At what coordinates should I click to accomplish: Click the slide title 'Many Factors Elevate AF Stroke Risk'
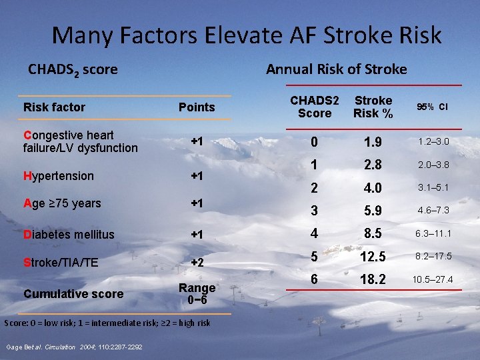[x=247, y=35]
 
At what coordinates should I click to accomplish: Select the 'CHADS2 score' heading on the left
[x=73, y=69]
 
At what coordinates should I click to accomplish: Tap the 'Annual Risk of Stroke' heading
[x=336, y=69]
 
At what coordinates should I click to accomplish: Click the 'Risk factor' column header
[x=54, y=107]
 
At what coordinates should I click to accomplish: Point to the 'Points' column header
[x=197, y=107]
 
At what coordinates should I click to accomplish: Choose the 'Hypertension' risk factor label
[x=58, y=176]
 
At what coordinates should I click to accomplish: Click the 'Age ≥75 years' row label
[x=62, y=203]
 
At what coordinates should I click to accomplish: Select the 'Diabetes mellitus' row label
[x=69, y=235]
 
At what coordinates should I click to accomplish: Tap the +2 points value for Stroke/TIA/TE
[x=197, y=263]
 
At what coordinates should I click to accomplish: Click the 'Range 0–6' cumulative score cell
[x=197, y=294]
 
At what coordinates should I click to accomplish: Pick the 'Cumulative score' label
[x=73, y=294]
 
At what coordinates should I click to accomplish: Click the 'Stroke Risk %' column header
[x=373, y=107]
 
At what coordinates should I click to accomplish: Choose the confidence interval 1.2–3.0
[x=433, y=141]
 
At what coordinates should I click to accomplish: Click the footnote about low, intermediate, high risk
[x=107, y=323]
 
